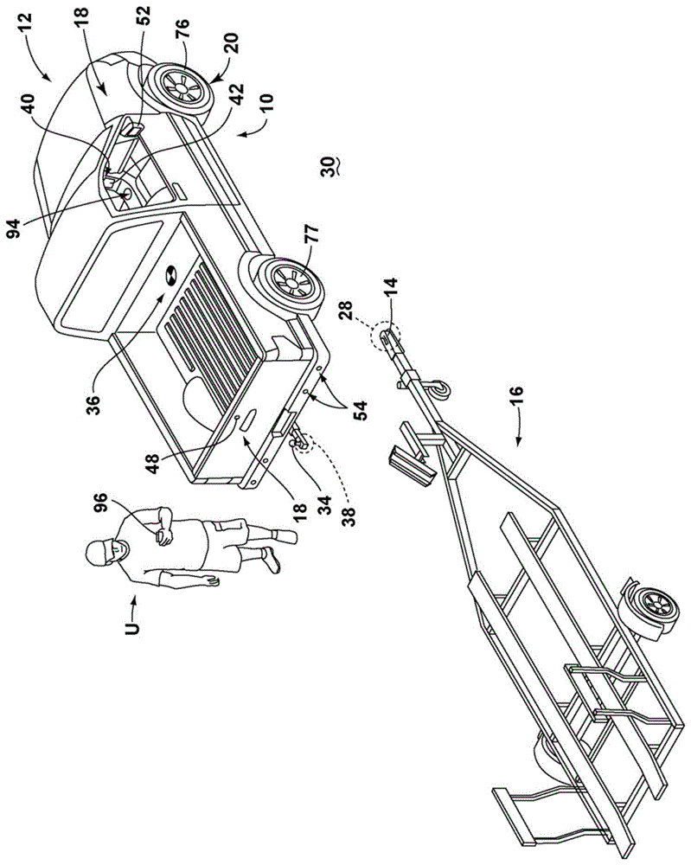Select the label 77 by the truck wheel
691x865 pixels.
point(310,233)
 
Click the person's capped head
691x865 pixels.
point(103,551)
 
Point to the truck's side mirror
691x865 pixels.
point(131,130)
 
